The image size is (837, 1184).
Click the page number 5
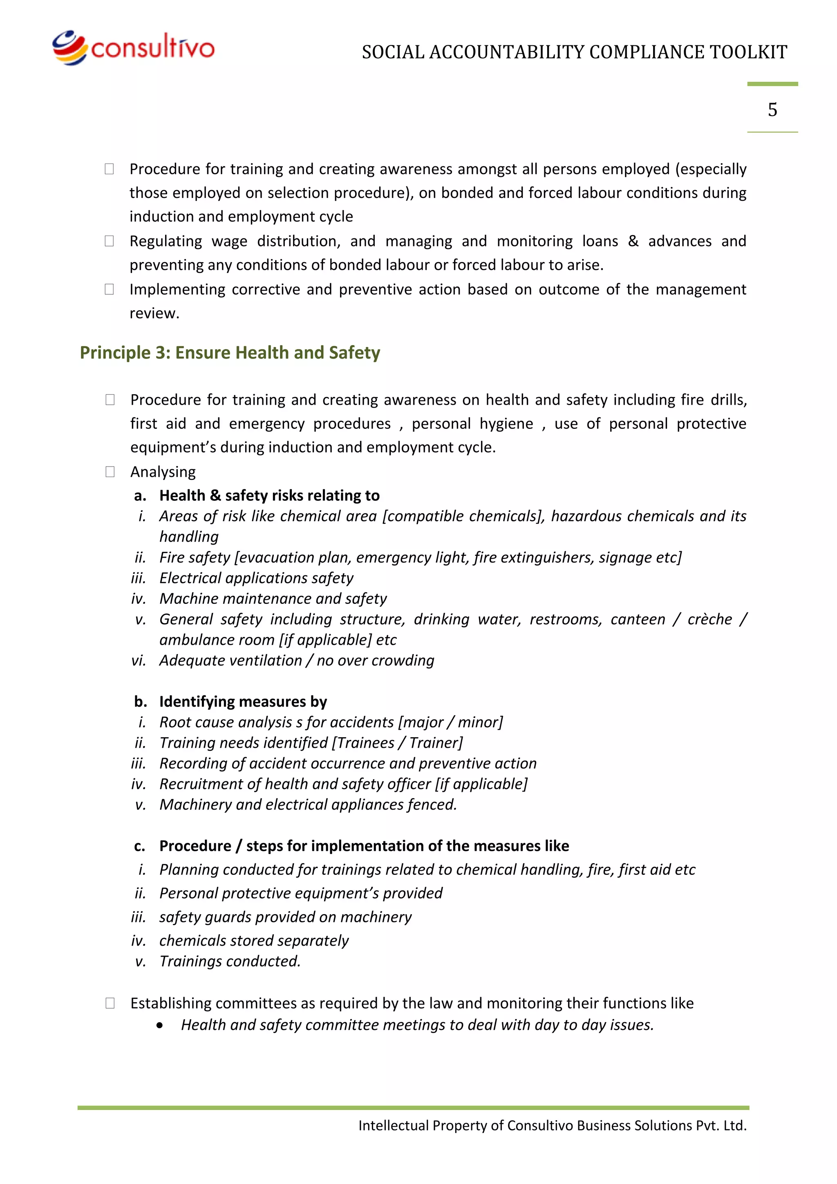pos(772,109)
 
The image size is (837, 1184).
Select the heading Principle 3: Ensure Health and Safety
pos(230,353)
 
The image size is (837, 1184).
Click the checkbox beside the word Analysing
pos(110,472)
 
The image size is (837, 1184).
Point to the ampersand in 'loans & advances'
pos(633,241)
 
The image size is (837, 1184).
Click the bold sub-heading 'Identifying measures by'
pos(243,702)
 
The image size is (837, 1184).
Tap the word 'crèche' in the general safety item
pos(709,619)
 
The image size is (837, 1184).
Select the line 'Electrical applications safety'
pos(256,578)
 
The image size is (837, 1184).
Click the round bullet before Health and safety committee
pos(160,1025)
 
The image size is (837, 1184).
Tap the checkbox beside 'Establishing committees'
pos(110,1003)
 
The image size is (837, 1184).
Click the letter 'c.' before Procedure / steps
pos(140,846)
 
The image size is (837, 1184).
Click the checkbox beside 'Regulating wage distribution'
pos(109,241)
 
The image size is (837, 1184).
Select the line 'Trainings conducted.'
pos(230,961)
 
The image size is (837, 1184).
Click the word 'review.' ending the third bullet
pos(154,314)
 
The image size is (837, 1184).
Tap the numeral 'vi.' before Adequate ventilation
pos(139,661)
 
